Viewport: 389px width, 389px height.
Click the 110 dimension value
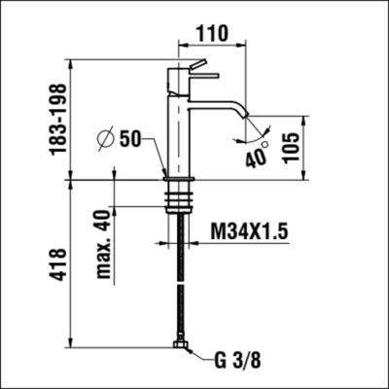click(x=211, y=32)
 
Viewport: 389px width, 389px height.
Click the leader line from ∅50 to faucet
click(x=158, y=156)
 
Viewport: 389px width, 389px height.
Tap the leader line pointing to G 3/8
click(x=200, y=357)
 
